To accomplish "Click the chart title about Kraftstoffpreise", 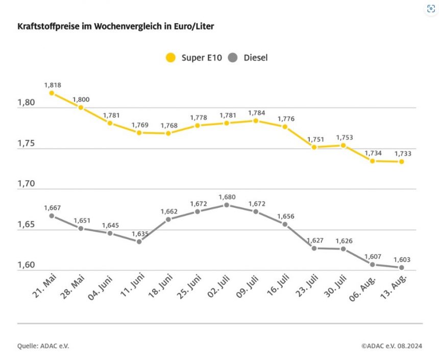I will tap(115, 26).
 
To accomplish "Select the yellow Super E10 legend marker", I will tap(170, 58).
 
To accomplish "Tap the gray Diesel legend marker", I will tap(234, 58).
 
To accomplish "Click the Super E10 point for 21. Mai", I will tap(52, 93).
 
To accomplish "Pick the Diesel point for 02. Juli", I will tap(227, 205).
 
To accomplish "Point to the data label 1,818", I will tap(52, 84).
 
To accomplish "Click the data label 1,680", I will tap(227, 197).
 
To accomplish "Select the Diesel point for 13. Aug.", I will tap(402, 268).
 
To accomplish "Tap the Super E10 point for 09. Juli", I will tap(256, 121).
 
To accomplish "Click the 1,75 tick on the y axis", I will tap(26, 143).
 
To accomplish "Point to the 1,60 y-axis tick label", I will tap(26, 266).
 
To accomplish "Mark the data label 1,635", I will tap(139, 234).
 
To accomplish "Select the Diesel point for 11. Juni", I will tap(139, 242).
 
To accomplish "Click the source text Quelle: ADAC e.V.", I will tap(43, 346).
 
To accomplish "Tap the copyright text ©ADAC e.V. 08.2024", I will tap(392, 346).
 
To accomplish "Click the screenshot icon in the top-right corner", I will tap(430, 9).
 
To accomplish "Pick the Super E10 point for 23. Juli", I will tap(314, 147).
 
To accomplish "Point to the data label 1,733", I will tap(402, 153).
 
